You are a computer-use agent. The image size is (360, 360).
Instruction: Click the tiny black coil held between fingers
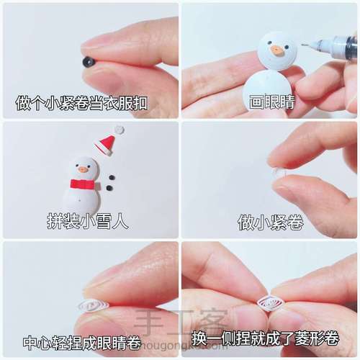click(x=89, y=62)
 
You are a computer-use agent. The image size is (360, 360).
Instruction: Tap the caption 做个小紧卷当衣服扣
click(x=81, y=102)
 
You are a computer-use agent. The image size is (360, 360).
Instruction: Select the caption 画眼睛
click(x=271, y=102)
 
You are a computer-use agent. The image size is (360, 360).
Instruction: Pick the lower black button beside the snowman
click(x=109, y=188)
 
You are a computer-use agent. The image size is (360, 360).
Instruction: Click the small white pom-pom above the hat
click(x=120, y=130)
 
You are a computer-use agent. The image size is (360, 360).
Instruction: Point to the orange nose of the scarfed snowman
click(x=83, y=170)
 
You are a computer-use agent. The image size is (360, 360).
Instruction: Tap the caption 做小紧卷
click(x=270, y=222)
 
